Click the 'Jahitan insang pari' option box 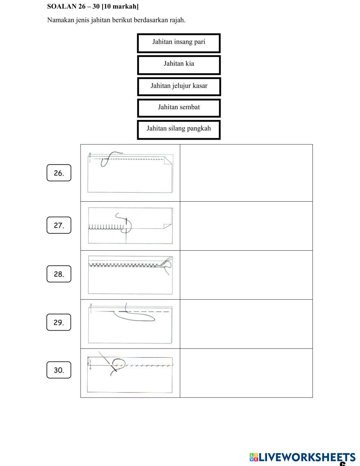coord(179,43)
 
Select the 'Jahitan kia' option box coord(179,65)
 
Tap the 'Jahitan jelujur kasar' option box coord(179,87)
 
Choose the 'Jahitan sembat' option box coord(179,108)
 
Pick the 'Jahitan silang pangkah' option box coord(179,130)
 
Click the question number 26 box coord(59,173)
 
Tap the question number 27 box coord(59,225)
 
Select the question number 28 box coord(59,274)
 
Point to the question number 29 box coord(59,322)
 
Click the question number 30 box coord(59,370)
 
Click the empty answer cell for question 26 coord(246,173)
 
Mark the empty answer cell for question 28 coord(246,275)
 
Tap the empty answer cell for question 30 coord(246,373)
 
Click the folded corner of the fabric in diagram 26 coord(168,161)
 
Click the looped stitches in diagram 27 coord(106,227)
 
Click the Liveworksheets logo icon coord(254,457)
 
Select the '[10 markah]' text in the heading coord(120,6)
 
